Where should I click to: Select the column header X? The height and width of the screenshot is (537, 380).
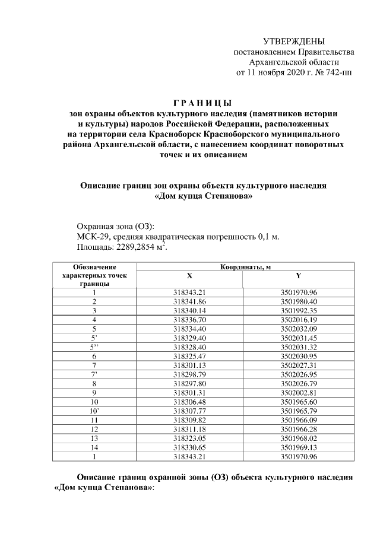[189, 276]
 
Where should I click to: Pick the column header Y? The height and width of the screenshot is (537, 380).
[299, 276]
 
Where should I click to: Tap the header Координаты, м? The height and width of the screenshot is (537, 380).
[245, 268]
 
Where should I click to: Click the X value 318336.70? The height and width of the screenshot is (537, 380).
[189, 319]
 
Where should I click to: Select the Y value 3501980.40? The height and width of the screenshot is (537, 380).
[299, 301]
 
